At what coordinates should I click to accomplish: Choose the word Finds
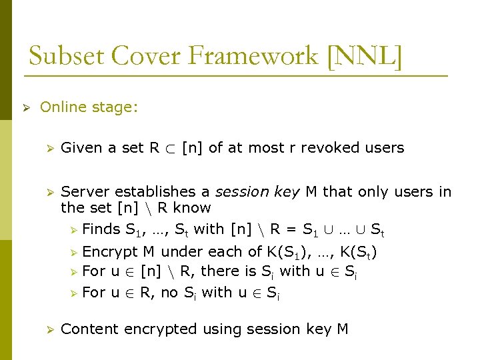pos(101,229)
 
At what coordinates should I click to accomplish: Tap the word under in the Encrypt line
pos(180,252)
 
